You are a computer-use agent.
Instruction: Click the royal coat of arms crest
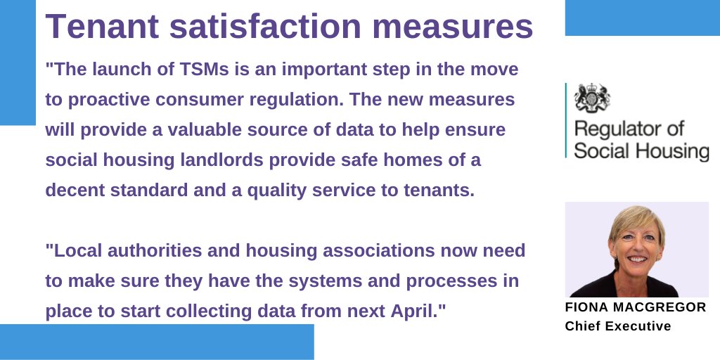pyautogui.click(x=592, y=98)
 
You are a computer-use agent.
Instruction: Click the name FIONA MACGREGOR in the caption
pyautogui.click(x=636, y=308)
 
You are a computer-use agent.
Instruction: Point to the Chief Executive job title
pyautogui.click(x=618, y=326)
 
